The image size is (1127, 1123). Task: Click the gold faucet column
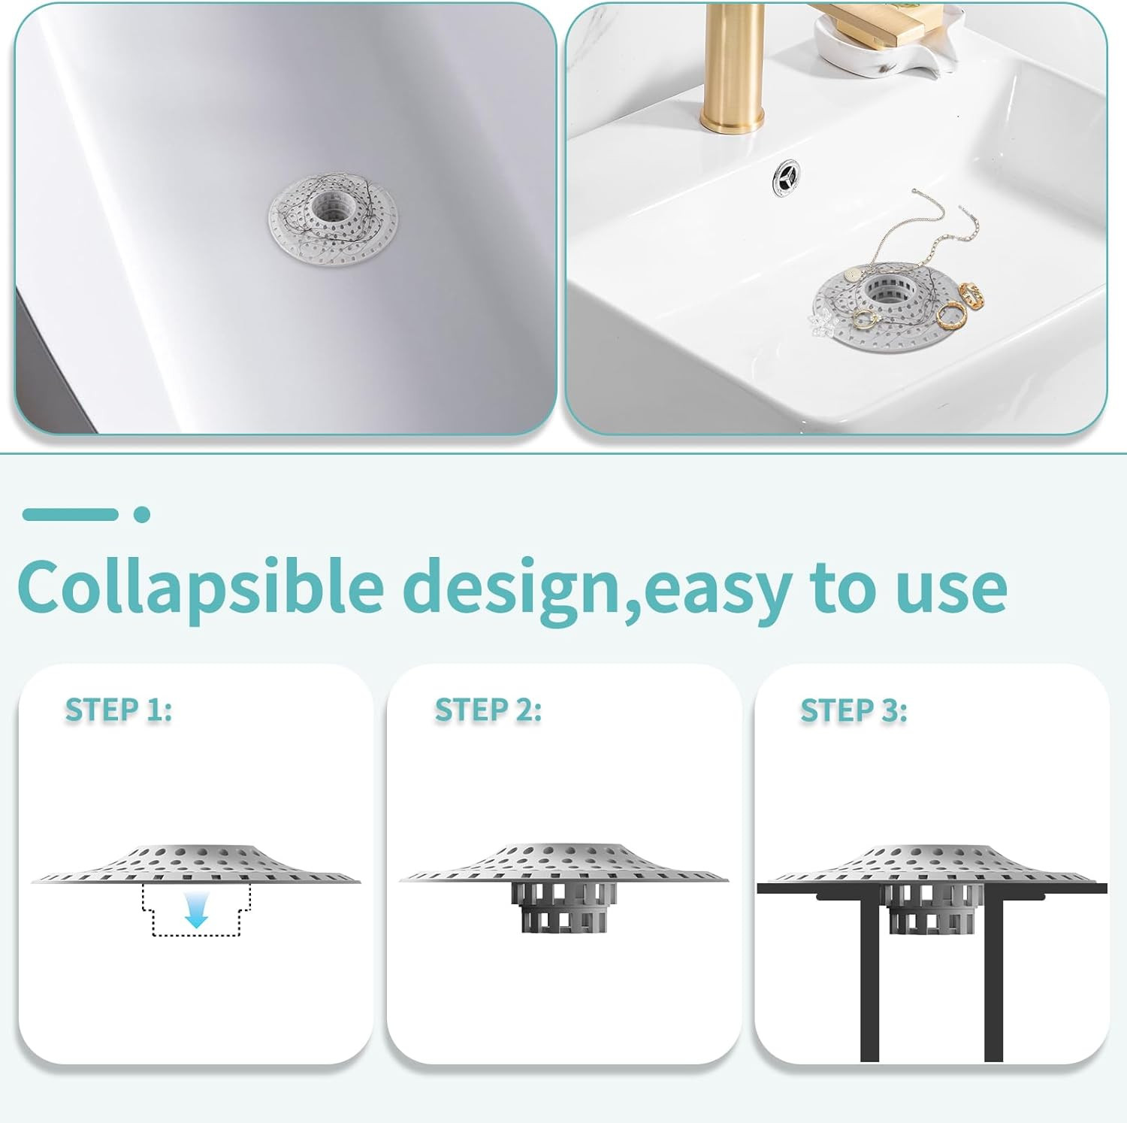point(733,68)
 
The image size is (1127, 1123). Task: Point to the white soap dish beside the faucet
point(872,41)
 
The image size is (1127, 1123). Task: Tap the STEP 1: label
point(119,710)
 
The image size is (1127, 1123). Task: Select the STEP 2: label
point(488,710)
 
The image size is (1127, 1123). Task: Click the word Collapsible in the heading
point(200,587)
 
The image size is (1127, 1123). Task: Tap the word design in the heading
point(517,587)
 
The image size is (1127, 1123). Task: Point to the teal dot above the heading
point(142,515)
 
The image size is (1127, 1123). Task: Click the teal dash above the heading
point(70,515)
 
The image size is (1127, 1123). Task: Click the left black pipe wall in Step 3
point(870,977)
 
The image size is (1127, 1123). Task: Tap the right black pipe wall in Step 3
point(993,977)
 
